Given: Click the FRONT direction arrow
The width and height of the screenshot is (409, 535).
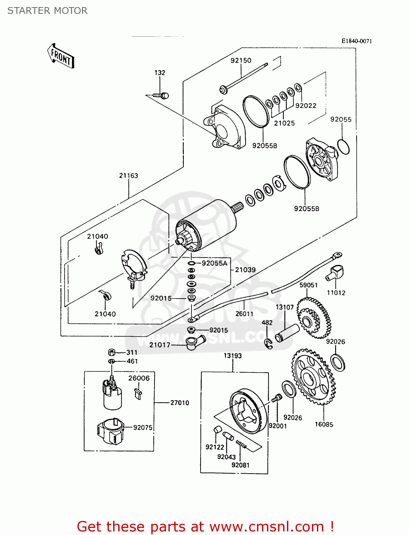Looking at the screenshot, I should (x=61, y=56).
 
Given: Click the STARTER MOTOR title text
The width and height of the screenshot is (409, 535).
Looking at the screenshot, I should (x=47, y=11).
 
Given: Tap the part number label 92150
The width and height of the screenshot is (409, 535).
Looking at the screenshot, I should (x=241, y=61).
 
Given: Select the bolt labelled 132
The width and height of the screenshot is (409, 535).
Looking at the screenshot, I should (x=161, y=96).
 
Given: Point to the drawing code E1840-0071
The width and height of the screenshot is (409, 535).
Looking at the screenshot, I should (x=357, y=41).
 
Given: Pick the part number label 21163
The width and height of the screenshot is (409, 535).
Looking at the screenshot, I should (x=128, y=175).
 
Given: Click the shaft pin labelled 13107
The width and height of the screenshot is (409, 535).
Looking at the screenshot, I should (x=287, y=333).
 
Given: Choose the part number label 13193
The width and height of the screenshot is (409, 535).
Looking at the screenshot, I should (x=233, y=356).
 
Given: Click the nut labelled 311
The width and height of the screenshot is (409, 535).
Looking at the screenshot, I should (x=111, y=352).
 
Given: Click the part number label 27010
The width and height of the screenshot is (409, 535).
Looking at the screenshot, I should (x=180, y=403).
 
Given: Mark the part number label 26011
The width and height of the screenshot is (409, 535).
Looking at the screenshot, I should (x=244, y=314).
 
